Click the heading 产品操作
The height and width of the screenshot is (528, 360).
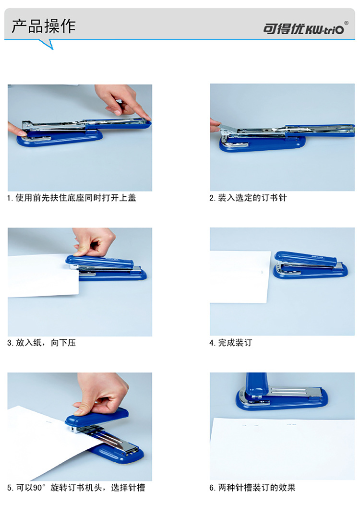[x=44, y=26]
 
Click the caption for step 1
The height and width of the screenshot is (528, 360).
[x=72, y=198]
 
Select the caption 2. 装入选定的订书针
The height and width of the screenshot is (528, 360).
[x=248, y=198]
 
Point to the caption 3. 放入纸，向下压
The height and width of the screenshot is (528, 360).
[x=41, y=343]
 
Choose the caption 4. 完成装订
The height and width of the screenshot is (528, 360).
[x=231, y=343]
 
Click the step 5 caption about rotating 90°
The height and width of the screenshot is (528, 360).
[x=76, y=488]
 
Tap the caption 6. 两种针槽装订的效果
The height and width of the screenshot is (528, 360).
[x=252, y=488]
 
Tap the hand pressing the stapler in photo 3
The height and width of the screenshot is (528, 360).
[x=94, y=241]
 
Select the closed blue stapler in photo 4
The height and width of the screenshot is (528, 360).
[x=310, y=265]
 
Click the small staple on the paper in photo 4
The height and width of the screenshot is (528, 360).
[x=262, y=271]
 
